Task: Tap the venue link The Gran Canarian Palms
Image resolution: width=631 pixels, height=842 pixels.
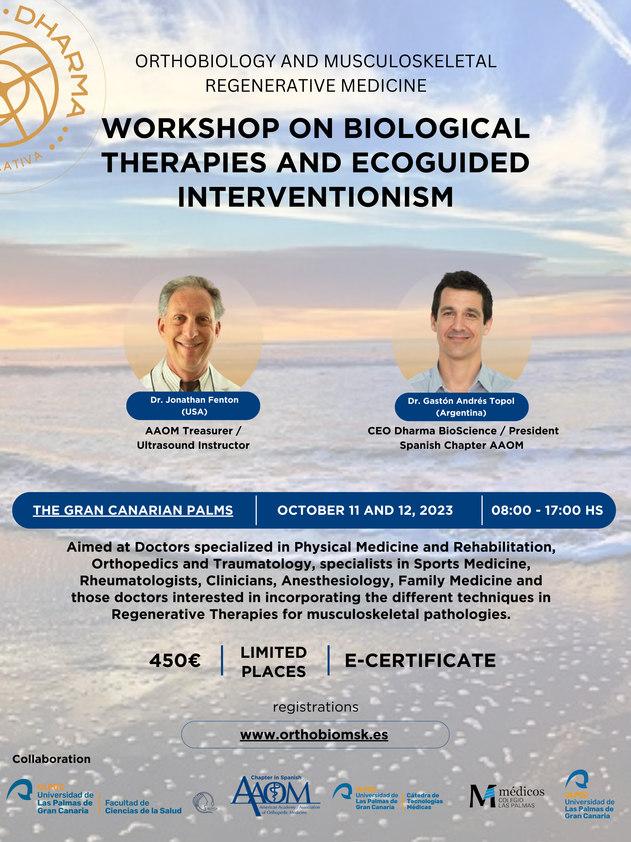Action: click(x=133, y=510)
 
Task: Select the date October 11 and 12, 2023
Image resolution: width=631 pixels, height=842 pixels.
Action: click(x=365, y=510)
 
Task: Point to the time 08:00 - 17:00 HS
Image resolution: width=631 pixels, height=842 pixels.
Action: click(x=547, y=510)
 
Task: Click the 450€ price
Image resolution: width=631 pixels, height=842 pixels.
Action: click(x=175, y=660)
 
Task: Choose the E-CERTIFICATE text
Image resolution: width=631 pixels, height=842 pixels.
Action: click(x=420, y=660)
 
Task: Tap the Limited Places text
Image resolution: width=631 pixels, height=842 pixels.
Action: click(x=274, y=662)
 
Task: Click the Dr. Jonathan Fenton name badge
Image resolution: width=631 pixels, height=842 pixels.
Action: click(x=193, y=406)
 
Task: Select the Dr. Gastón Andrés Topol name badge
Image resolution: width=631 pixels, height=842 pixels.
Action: click(x=461, y=407)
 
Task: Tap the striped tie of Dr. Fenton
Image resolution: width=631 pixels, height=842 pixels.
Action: click(x=189, y=385)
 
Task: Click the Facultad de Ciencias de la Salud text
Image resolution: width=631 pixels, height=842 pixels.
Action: click(x=143, y=807)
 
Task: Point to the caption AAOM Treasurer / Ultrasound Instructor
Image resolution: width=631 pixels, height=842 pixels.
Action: click(x=193, y=438)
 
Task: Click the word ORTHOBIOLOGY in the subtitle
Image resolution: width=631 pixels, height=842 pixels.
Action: click(x=205, y=61)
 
